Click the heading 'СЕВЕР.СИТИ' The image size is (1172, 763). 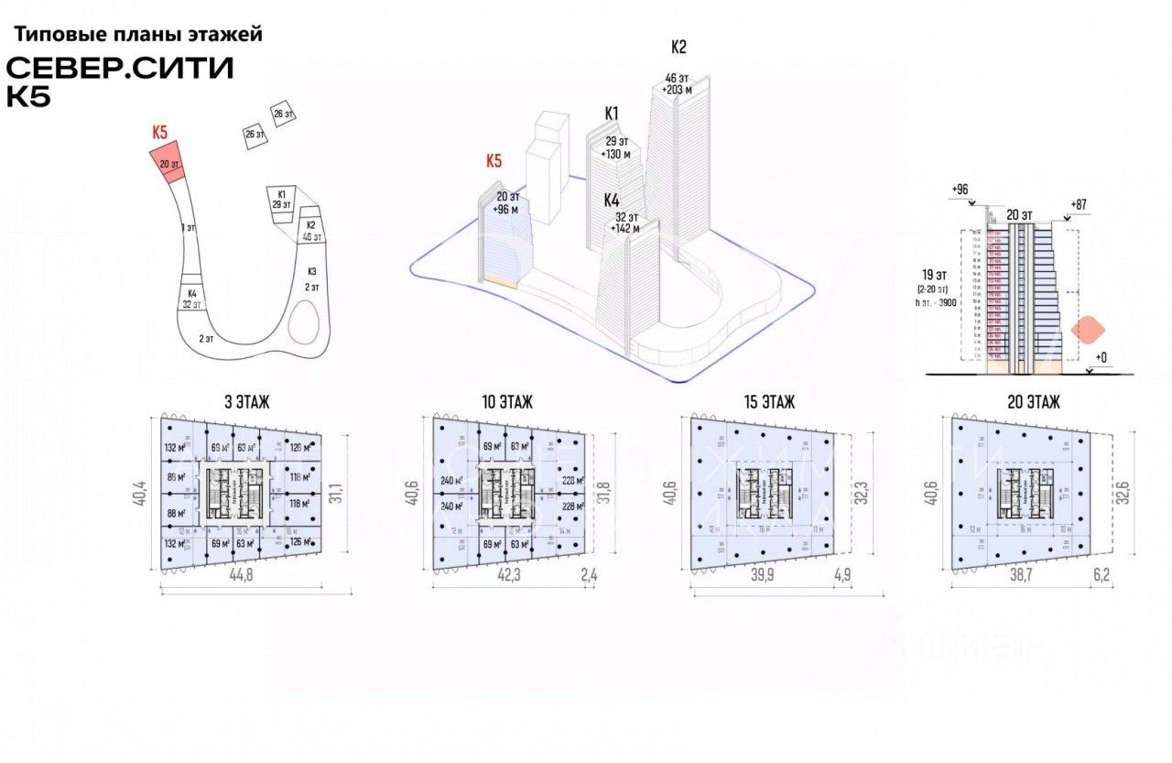click(120, 69)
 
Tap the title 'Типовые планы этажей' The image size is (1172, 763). click(138, 35)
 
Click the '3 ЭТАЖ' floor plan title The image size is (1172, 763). click(246, 401)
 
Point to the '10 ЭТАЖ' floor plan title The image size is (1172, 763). click(506, 401)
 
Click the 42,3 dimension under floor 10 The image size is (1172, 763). click(510, 576)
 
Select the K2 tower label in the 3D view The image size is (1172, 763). click(678, 47)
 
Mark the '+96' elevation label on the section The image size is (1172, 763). click(960, 190)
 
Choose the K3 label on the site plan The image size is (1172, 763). click(311, 272)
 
